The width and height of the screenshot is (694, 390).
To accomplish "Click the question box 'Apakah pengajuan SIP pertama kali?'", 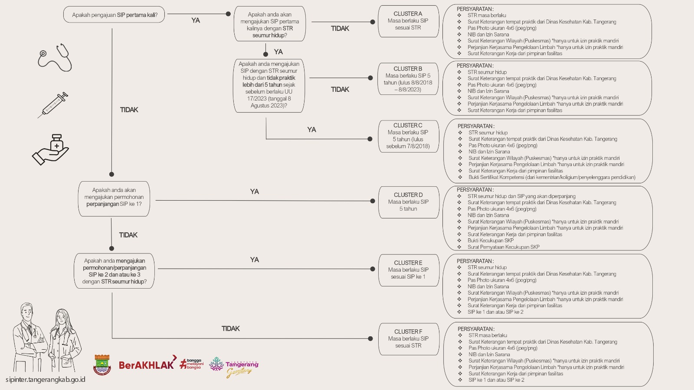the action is pos(114,15).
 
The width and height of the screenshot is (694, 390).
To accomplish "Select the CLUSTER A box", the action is pos(408,21).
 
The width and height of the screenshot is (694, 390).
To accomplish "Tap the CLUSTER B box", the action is pos(408,79).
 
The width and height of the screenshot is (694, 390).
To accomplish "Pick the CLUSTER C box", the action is pos(408,136).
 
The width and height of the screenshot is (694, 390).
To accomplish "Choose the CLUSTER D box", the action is pos(409,202).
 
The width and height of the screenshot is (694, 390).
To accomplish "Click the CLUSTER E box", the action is pos(409,270).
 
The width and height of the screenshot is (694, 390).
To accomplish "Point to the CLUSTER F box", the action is pos(409,339).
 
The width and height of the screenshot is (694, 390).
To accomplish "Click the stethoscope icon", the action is pos(55,58).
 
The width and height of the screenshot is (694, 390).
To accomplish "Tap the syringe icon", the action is pos(53,105).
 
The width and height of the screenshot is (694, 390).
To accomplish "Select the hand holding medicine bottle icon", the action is pos(50,150).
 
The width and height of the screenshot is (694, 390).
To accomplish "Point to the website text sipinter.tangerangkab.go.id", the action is pos(45,380).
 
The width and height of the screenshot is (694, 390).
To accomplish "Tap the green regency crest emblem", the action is pos(102,365).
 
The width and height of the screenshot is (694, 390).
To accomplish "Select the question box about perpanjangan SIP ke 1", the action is pos(114,199).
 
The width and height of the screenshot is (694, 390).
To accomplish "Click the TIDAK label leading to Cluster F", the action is pos(230,328).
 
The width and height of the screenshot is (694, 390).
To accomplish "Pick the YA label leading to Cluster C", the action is pos(312,130).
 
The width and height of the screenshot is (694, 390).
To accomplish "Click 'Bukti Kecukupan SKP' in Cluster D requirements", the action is pos(491,240).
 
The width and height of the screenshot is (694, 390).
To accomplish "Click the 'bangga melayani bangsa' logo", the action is pos(192,364).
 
